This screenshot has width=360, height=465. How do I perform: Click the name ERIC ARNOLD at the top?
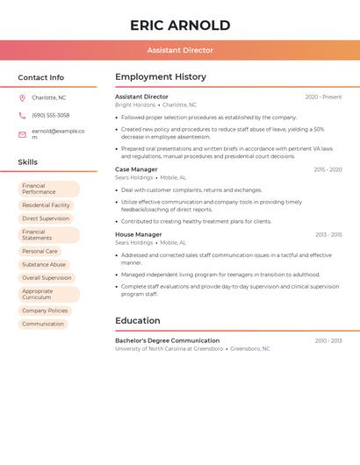[x=180, y=25]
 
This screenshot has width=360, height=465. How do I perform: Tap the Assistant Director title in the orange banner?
[x=180, y=50]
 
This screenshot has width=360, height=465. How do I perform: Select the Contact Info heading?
[x=40, y=77]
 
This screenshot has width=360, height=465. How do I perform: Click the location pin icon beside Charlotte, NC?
[x=22, y=97]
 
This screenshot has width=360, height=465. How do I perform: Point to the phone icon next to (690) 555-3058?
[x=22, y=115]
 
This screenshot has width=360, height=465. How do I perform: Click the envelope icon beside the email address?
[x=22, y=134]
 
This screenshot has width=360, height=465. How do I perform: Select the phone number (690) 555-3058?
[x=50, y=115]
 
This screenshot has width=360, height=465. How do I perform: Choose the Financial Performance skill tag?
[x=48, y=189]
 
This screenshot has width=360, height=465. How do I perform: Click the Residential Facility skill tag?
[x=46, y=205]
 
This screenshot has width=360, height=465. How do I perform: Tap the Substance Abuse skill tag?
[x=44, y=264]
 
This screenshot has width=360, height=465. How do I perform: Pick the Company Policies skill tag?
[x=45, y=311]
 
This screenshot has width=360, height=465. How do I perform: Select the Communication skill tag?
[x=43, y=324]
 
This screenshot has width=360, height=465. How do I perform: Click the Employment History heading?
[x=160, y=77]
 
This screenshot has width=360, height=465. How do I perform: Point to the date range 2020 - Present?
[x=323, y=97]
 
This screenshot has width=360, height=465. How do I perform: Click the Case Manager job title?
[x=136, y=169]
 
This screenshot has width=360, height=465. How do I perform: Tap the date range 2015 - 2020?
[x=328, y=169]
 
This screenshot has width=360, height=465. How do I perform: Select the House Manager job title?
[x=138, y=234]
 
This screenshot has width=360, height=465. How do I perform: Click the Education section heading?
[x=138, y=320]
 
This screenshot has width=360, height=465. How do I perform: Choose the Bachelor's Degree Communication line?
[x=167, y=340]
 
